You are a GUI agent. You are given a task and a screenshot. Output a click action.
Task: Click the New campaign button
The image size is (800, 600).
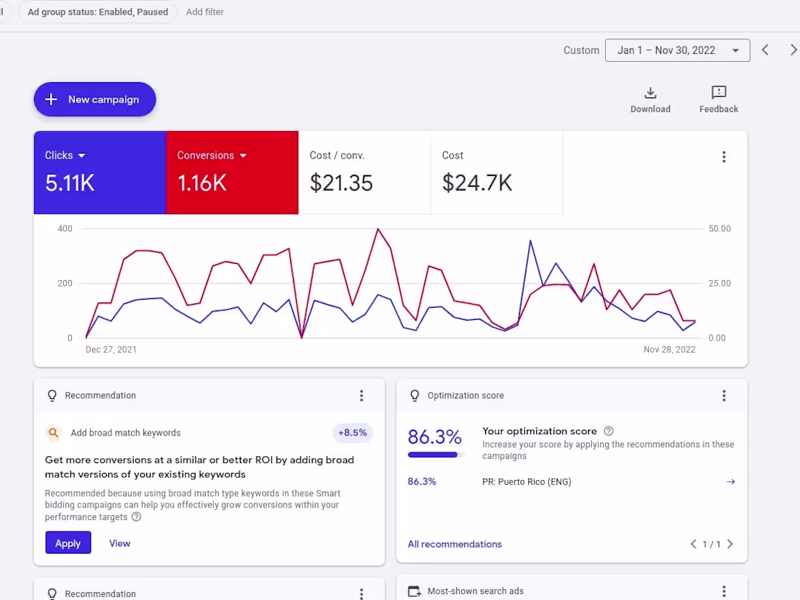(95, 100)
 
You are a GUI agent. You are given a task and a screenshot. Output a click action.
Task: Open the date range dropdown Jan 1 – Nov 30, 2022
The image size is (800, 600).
(677, 50)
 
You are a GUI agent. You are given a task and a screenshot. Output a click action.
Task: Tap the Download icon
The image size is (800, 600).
(650, 93)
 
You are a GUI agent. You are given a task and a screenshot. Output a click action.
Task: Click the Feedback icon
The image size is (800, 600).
(719, 93)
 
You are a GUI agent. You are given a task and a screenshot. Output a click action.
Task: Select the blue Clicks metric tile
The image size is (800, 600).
(100, 172)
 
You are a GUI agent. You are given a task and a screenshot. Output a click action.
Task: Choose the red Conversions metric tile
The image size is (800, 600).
(232, 172)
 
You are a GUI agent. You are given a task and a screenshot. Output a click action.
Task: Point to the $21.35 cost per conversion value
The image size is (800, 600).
(341, 183)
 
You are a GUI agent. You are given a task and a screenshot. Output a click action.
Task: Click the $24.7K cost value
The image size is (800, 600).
(477, 183)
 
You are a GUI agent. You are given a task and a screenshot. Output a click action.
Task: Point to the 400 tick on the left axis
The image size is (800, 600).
(65, 228)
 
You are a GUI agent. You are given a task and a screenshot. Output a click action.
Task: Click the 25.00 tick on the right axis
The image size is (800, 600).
(719, 283)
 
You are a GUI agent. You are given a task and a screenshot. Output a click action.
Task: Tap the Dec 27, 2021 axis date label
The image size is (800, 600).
(111, 349)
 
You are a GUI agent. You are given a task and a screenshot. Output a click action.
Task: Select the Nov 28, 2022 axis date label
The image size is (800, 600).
(669, 349)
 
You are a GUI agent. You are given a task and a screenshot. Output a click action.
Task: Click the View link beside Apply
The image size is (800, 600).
(119, 543)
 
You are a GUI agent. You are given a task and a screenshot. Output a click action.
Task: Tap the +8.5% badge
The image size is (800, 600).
(353, 433)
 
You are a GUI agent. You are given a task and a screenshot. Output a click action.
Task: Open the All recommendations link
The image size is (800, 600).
(455, 544)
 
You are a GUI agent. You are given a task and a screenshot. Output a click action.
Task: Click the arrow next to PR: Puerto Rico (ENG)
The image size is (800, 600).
(731, 481)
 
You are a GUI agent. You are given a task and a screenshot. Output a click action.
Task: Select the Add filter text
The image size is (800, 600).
(205, 12)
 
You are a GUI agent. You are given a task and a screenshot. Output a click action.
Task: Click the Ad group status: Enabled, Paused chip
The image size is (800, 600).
(97, 12)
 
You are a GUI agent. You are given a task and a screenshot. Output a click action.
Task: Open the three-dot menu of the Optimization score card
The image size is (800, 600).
(724, 396)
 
